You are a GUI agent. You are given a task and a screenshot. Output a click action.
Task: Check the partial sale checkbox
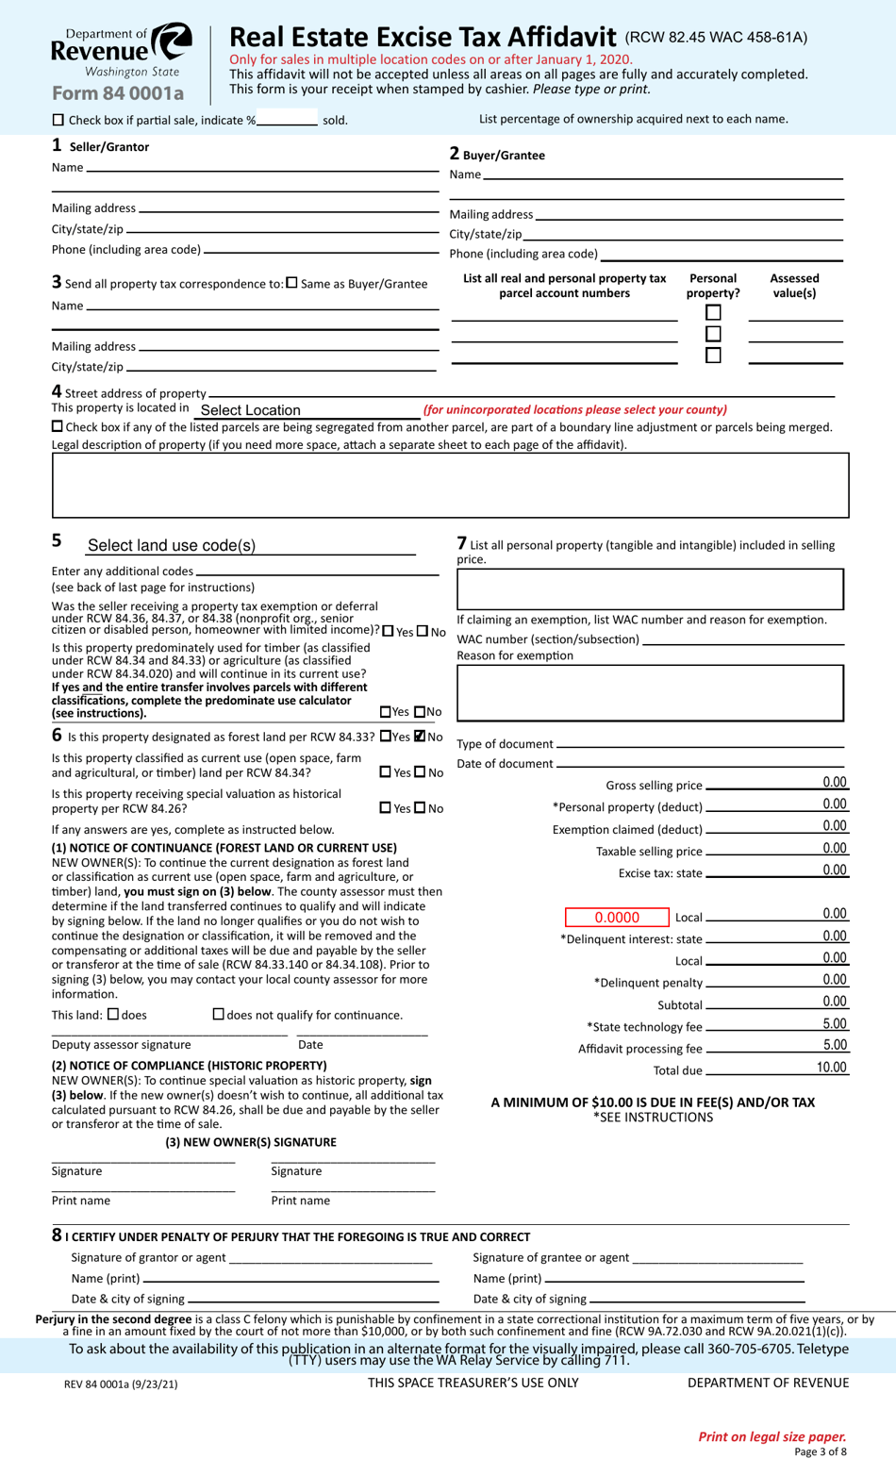(58, 120)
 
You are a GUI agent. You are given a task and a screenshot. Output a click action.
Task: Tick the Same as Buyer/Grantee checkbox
(291, 283)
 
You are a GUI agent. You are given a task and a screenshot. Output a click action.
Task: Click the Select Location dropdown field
(307, 410)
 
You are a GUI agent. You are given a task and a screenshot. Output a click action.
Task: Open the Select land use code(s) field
(250, 546)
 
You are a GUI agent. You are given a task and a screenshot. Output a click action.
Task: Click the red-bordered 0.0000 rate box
(617, 918)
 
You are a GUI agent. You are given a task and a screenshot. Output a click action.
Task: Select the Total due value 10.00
(831, 1069)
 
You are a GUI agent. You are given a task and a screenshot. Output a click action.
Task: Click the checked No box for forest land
(421, 737)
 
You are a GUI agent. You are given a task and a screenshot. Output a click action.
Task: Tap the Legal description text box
(450, 486)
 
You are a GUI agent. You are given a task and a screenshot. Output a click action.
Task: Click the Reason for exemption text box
(650, 693)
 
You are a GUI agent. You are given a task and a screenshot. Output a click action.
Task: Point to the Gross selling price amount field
(777, 784)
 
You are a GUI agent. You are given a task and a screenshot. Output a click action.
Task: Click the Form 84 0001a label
(118, 93)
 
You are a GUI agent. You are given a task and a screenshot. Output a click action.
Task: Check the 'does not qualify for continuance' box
(219, 1014)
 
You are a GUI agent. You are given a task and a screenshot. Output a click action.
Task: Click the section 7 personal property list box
(650, 590)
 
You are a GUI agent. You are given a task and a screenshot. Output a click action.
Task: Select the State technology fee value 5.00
(834, 1024)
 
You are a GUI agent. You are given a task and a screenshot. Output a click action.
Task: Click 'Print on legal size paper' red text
(772, 1436)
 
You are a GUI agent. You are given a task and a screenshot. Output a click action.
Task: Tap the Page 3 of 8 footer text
(820, 1452)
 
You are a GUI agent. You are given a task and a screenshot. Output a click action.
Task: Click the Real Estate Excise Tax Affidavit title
(423, 37)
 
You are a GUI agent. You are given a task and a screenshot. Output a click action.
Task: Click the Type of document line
(699, 744)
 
